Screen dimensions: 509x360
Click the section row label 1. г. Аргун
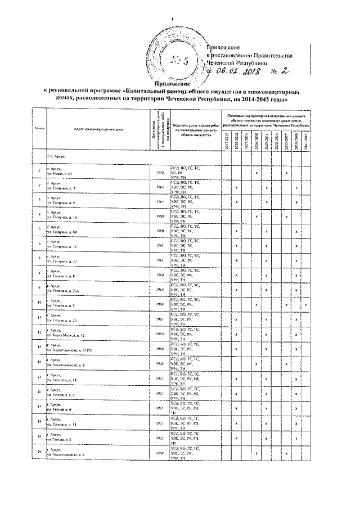pyautogui.click(x=57, y=155)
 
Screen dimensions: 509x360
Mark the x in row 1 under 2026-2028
pyautogui.click(x=256, y=173)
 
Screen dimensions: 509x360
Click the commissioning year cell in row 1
pyautogui.click(x=160, y=172)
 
